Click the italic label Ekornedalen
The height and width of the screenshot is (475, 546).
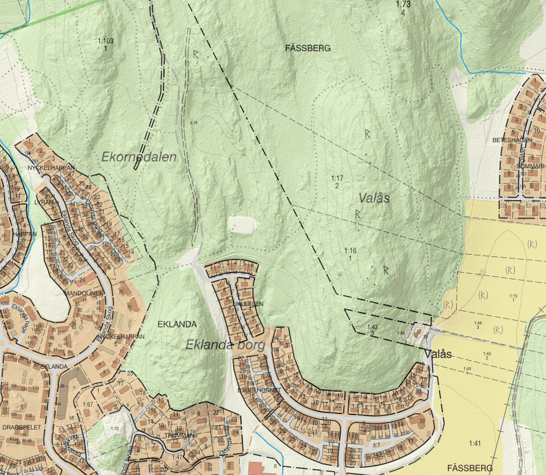pos(139,157)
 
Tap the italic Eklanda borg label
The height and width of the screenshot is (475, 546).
pos(225,345)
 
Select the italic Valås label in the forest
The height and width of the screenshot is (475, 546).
pos(374,198)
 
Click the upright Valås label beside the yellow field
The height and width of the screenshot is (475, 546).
pos(438,354)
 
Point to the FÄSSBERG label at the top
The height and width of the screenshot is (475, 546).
pos(307,48)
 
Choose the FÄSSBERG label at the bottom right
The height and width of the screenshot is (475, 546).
pos(469,468)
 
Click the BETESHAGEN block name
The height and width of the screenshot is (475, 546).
pos(512,140)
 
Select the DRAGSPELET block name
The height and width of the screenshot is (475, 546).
pos(22,427)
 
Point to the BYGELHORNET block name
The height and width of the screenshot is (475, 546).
pos(259,390)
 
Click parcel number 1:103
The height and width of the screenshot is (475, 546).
pos(105,41)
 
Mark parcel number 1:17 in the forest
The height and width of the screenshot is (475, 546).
pos(337,178)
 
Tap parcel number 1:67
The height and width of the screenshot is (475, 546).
pos(88,404)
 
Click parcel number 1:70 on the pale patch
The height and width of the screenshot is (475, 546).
pos(114,428)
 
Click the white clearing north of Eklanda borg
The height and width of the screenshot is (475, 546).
pos(242,225)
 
